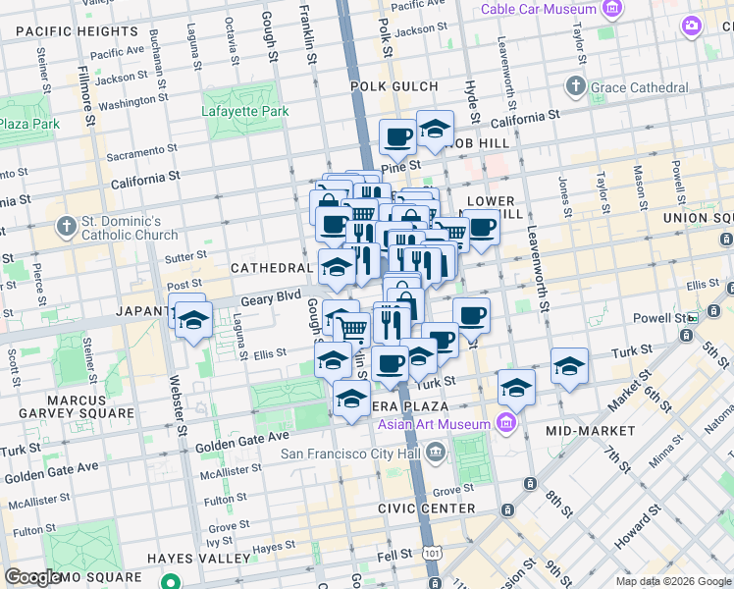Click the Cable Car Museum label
(x=538, y=9)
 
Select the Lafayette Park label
(x=245, y=111)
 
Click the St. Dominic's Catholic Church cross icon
(x=66, y=228)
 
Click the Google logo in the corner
(x=31, y=577)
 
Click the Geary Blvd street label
(x=273, y=295)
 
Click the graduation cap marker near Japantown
(x=194, y=320)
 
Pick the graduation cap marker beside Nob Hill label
(x=435, y=128)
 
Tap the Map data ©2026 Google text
(x=673, y=581)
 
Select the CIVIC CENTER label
(x=427, y=509)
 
